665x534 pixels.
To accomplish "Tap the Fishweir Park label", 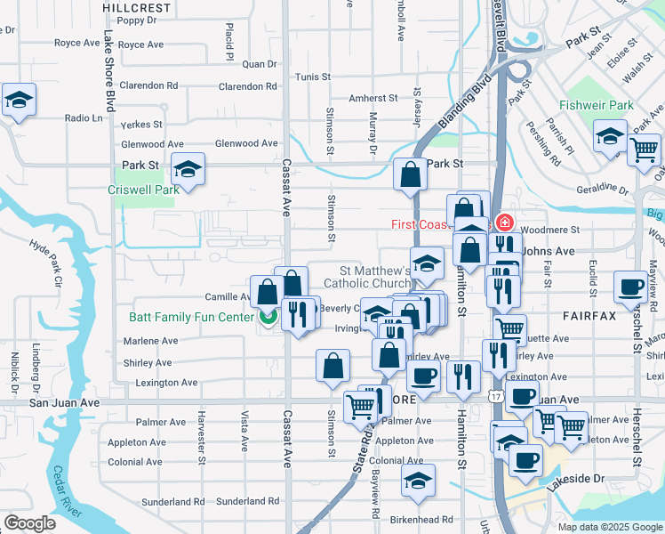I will [x=597, y=105].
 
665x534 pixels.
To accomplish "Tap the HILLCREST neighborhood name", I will [x=136, y=6].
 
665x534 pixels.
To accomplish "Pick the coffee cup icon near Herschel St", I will [x=630, y=287].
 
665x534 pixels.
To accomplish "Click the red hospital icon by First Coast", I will [x=505, y=223].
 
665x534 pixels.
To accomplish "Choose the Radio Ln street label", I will [x=84, y=117].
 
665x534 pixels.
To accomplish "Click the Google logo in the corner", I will [x=30, y=523].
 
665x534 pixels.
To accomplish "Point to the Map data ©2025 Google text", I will [x=610, y=527].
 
